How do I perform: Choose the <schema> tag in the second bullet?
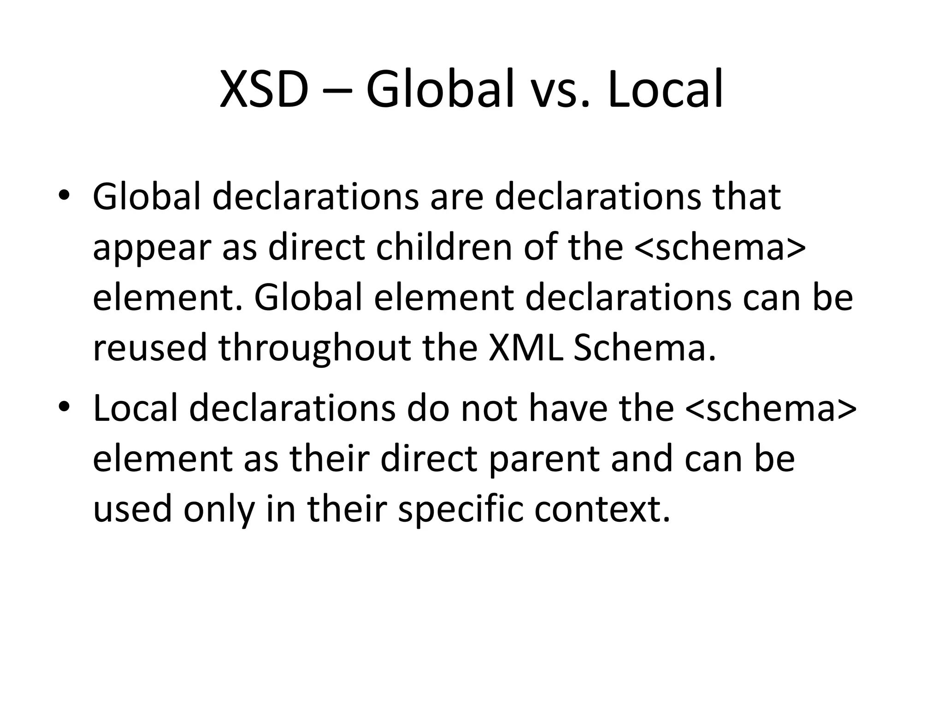click(771, 408)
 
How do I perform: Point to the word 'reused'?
click(150, 348)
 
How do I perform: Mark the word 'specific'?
click(460, 511)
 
